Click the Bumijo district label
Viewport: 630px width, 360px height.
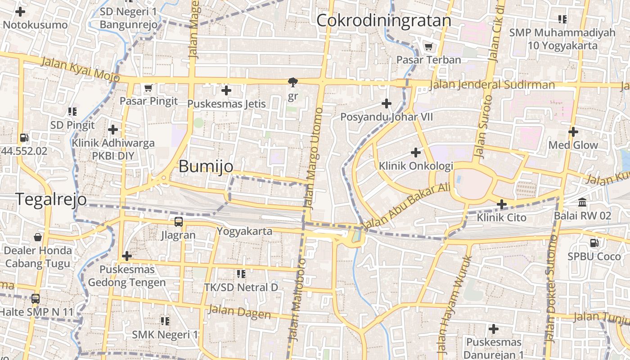pyautogui.click(x=206, y=166)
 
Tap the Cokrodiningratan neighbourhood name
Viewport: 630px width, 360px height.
pyautogui.click(x=383, y=21)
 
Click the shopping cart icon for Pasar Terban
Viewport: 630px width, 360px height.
pyautogui.click(x=428, y=46)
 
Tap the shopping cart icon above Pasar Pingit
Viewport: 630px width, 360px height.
pyautogui.click(x=148, y=88)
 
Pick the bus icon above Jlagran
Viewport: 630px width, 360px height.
pyautogui.click(x=179, y=221)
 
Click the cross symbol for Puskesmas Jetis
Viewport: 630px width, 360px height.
pyautogui.click(x=226, y=91)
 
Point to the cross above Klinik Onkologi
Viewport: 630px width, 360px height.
pyautogui.click(x=416, y=153)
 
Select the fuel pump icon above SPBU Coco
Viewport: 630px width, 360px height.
pyautogui.click(x=594, y=243)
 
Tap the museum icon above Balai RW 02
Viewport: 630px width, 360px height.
pyautogui.click(x=582, y=202)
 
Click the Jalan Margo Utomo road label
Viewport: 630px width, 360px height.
pyautogui.click(x=314, y=158)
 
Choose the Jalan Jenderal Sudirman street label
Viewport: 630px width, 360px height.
pyautogui.click(x=492, y=85)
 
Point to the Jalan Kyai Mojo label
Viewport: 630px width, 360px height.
pyautogui.click(x=81, y=69)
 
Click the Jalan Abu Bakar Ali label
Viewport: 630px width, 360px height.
pyautogui.click(x=406, y=207)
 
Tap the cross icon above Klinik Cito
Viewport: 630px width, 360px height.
pyautogui.click(x=501, y=205)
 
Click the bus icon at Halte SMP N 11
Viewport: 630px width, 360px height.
pyautogui.click(x=35, y=298)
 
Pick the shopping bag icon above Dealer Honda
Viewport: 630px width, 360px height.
pyautogui.click(x=38, y=237)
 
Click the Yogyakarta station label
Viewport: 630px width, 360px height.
pyautogui.click(x=244, y=231)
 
